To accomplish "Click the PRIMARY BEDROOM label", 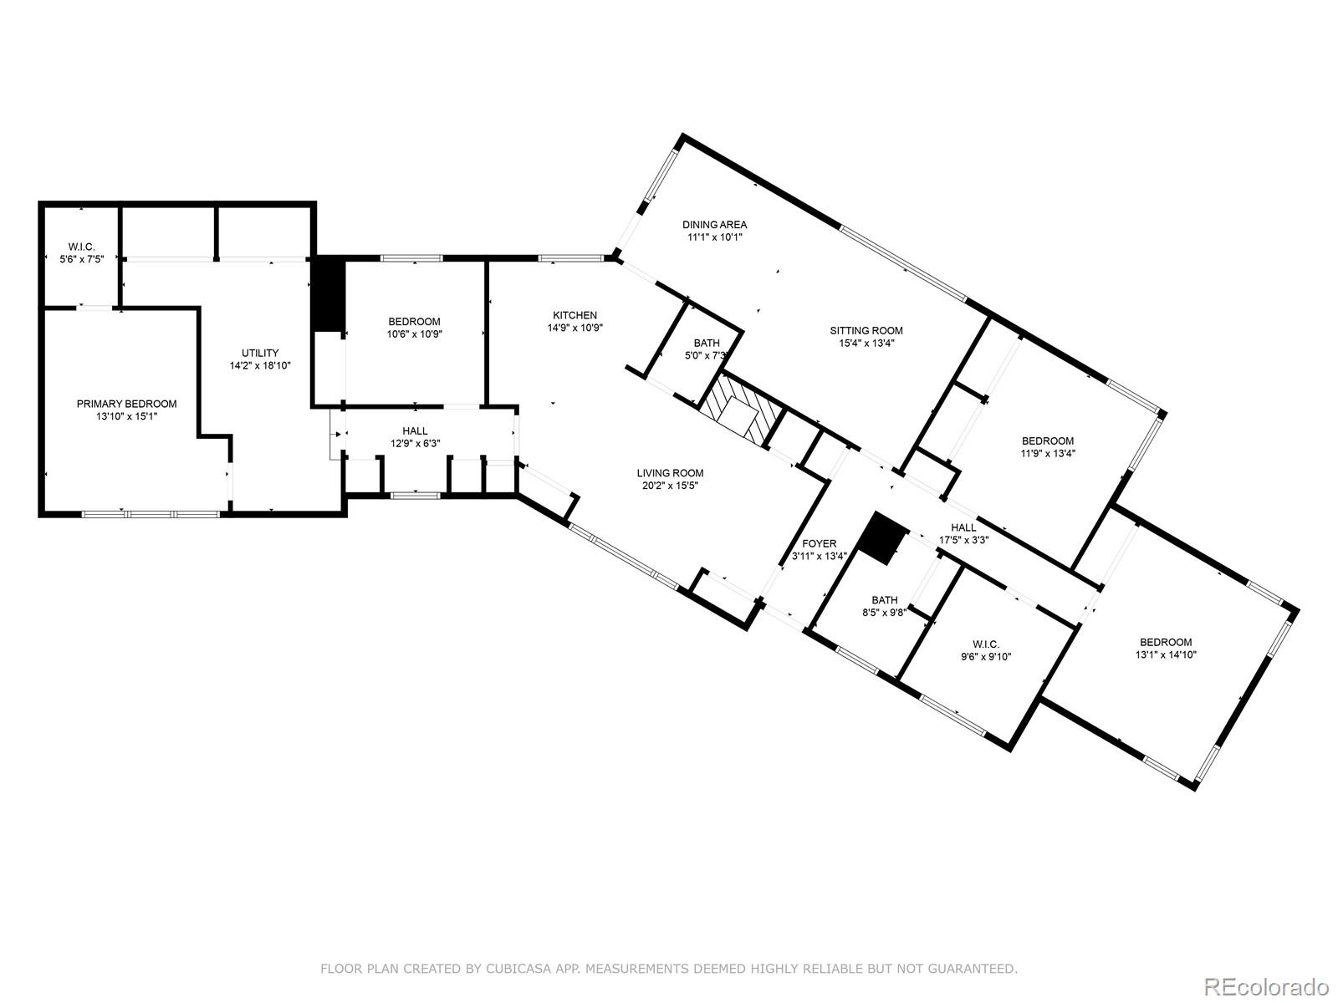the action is pyautogui.click(x=127, y=404).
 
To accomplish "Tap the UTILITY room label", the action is pyautogui.click(x=260, y=354).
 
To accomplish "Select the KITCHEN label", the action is pyautogui.click(x=575, y=315).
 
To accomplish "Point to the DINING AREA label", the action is pyautogui.click(x=714, y=225).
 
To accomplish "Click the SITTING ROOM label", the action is pyautogui.click(x=866, y=331).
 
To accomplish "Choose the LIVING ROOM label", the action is pyautogui.click(x=670, y=473).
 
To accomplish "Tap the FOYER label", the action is pyautogui.click(x=820, y=544).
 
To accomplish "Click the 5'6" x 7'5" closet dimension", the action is pyautogui.click(x=82, y=259).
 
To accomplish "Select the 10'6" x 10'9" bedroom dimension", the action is pyautogui.click(x=415, y=333).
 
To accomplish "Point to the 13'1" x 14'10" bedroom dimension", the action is pyautogui.click(x=1166, y=654).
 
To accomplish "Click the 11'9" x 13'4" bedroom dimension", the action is pyautogui.click(x=1048, y=454).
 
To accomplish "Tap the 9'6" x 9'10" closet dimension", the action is pyautogui.click(x=986, y=656).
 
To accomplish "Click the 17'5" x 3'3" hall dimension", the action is pyautogui.click(x=963, y=540).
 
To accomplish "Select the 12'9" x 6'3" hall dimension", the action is pyautogui.click(x=415, y=443).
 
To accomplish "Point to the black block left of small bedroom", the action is pyautogui.click(x=329, y=295).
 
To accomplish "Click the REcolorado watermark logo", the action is pyautogui.click(x=1267, y=985).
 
